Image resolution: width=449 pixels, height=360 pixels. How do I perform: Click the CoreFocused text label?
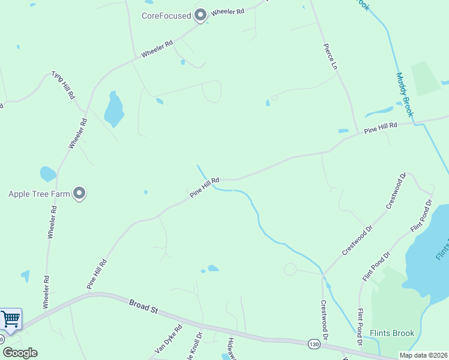pyautogui.click(x=166, y=16)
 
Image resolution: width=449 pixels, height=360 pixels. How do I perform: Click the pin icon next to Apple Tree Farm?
pyautogui.click(x=79, y=193)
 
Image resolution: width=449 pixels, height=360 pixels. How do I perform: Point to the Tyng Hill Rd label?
pyautogui.click(x=63, y=85)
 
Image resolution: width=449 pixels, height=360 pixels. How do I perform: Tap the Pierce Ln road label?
pyautogui.click(x=330, y=56)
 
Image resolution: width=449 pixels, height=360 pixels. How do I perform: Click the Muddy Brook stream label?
pyautogui.click(x=405, y=95)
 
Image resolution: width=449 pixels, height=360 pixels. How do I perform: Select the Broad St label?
pyautogui.click(x=143, y=307)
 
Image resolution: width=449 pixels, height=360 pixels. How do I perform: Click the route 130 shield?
pyautogui.click(x=314, y=344)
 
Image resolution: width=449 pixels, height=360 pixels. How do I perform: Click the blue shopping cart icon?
pyautogui.click(x=10, y=319)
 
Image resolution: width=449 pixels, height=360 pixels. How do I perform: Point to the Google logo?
pyautogui.click(x=20, y=353)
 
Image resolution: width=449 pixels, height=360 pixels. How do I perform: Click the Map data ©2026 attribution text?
pyautogui.click(x=423, y=355)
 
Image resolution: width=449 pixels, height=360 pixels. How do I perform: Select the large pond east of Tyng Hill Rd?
pyautogui.click(x=113, y=108)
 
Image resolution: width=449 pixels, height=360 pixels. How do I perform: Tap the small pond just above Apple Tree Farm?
pyautogui.click(x=47, y=174)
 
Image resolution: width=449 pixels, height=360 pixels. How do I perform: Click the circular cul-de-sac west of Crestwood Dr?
pyautogui.click(x=291, y=269)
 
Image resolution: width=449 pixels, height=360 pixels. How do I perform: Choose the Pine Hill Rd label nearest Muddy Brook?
pyautogui.click(x=381, y=127)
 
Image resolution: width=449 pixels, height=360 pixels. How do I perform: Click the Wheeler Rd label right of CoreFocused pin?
pyautogui.click(x=228, y=11)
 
